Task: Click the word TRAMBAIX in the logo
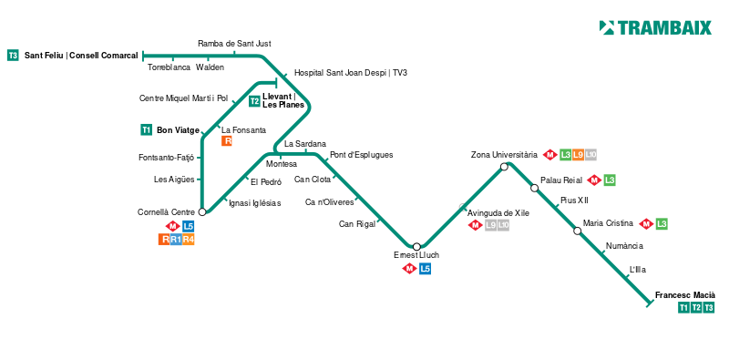pos(664,28)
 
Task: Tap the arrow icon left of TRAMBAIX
pos(607,28)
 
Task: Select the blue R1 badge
pos(176,240)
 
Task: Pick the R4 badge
pos(189,240)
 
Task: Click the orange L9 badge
pos(578,155)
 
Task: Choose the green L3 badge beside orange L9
pos(565,155)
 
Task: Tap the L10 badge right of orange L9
pos(590,155)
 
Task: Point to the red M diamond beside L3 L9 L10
pos(549,155)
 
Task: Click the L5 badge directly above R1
pos(189,226)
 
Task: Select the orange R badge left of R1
pos(164,240)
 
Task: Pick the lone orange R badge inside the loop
pos(227,141)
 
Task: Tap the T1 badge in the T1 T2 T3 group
pos(683,308)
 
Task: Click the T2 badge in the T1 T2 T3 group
pos(696,308)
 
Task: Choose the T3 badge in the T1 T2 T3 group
pos(709,308)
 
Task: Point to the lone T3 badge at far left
pos(13,56)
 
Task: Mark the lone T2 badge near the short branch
pos(254,101)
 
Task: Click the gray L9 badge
pos(491,225)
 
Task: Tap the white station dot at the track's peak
pos(504,167)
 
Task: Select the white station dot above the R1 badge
pos(202,212)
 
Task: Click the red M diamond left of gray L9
pos(475,225)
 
